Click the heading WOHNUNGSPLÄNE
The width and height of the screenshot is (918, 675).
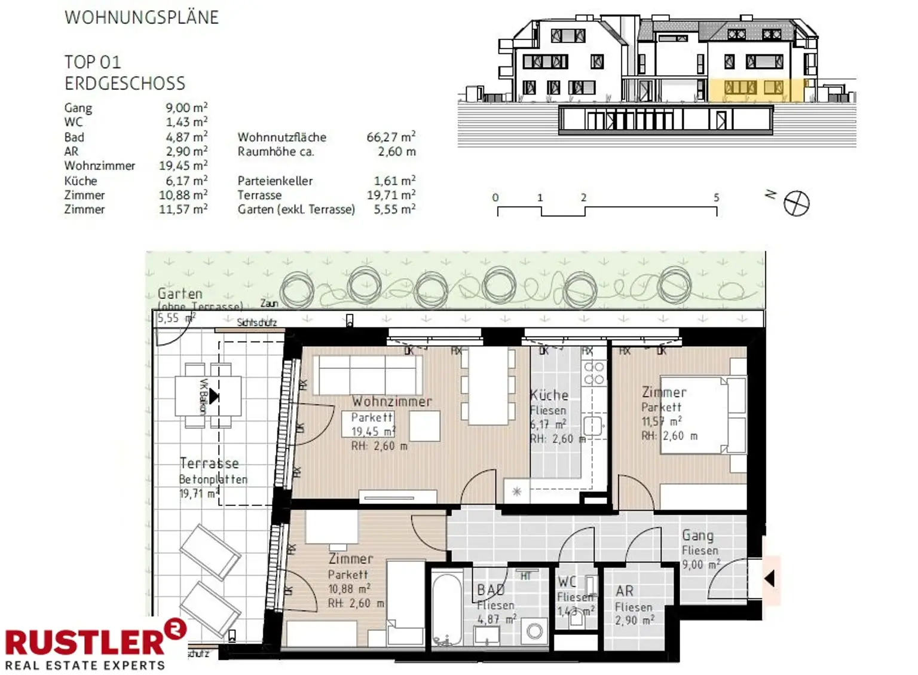[x=142, y=17]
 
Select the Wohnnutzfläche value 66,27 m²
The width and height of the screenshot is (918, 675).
[x=391, y=137]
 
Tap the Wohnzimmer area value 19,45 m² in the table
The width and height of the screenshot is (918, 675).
[x=183, y=166]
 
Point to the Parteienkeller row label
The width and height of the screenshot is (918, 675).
[x=275, y=181]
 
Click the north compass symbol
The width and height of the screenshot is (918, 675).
[x=796, y=203]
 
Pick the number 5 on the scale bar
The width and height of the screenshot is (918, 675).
[x=716, y=197]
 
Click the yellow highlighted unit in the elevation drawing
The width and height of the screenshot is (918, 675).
[x=756, y=90]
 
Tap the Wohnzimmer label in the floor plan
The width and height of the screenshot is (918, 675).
[x=391, y=401]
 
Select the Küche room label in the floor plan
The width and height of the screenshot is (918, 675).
[x=549, y=395]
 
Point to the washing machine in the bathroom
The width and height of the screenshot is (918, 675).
[x=534, y=631]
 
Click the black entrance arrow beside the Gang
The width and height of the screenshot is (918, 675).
[x=770, y=578]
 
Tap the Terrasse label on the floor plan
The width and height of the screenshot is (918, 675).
[x=209, y=463]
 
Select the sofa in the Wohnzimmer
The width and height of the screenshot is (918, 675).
[x=368, y=375]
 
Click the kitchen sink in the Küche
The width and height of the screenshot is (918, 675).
[x=592, y=426]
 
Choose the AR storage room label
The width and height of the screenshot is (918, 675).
[x=625, y=591]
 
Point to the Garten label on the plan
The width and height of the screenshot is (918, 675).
[x=180, y=294]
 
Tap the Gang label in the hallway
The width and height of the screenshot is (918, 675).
[x=697, y=535]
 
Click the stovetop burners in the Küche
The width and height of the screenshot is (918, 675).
[x=593, y=372]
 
